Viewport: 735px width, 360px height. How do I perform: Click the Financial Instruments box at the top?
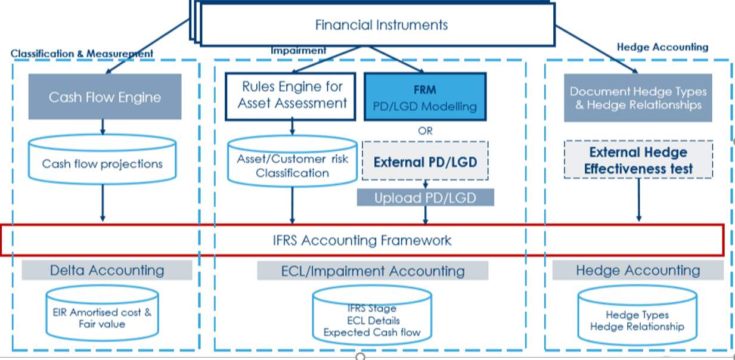(x=381, y=25)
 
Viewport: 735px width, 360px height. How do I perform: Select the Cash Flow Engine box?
(x=105, y=97)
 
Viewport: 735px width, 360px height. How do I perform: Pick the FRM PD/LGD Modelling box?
(x=424, y=98)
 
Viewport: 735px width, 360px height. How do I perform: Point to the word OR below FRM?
(x=425, y=131)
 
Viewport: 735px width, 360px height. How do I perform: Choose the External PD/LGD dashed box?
(x=425, y=161)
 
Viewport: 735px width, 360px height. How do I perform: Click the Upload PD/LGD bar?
(x=425, y=198)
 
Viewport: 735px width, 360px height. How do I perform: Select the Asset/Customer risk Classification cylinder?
(x=292, y=166)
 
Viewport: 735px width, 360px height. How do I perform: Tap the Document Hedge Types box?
(x=638, y=98)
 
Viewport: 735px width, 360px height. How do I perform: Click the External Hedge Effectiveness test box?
(x=638, y=160)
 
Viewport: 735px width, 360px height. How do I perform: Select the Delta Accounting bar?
(x=107, y=271)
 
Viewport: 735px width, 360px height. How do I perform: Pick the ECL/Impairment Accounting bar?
(x=373, y=271)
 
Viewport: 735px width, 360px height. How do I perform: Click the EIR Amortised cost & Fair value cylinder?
(x=103, y=317)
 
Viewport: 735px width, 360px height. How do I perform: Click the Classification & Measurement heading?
(x=82, y=54)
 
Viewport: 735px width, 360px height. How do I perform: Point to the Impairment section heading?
(x=299, y=51)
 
